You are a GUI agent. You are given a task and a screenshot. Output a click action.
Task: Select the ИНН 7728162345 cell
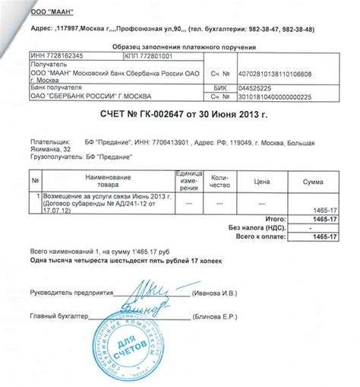coord(57,55)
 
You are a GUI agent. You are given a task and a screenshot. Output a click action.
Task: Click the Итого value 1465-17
coord(325,217)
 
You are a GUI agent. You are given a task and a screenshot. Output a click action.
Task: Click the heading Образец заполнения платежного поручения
coord(179,45)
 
